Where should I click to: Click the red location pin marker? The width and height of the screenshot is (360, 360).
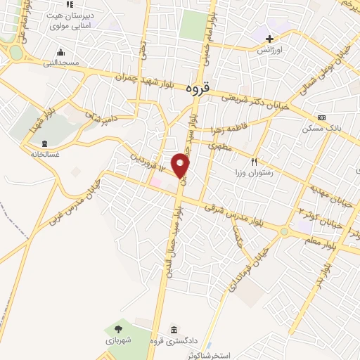(x=181, y=165)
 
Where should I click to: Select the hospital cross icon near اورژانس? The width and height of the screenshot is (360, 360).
(x=270, y=38)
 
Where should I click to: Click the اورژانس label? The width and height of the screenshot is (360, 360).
(x=270, y=51)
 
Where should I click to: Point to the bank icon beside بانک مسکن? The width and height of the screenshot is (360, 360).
(x=321, y=117)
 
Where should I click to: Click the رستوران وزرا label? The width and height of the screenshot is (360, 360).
(x=259, y=172)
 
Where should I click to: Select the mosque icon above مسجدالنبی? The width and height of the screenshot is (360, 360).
(x=61, y=51)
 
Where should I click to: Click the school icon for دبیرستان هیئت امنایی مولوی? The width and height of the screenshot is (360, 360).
(x=69, y=5)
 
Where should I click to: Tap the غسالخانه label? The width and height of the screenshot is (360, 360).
(x=43, y=153)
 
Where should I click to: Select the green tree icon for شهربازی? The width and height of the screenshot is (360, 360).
(x=117, y=328)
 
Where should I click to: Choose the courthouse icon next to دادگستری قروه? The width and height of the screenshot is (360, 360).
(x=174, y=330)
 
